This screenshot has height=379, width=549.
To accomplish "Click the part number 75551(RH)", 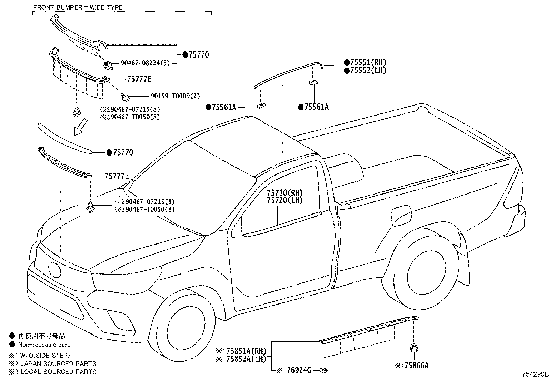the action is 368,62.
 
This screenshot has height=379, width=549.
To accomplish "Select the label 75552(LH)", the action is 368,71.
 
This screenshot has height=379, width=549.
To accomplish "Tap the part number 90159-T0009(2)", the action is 175,96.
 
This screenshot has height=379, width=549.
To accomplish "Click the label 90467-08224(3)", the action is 145,63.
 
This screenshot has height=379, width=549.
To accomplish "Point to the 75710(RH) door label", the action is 285,193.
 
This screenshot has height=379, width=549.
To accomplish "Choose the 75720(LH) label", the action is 285,200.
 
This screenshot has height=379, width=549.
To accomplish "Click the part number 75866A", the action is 416,366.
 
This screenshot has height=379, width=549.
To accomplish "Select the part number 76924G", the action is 299,370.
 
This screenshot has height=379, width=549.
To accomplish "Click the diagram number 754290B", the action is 535,374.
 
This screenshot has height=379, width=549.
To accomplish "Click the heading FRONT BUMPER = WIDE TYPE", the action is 78,7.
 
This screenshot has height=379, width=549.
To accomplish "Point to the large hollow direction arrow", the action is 81,127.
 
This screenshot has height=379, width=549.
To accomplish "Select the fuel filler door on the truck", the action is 401,216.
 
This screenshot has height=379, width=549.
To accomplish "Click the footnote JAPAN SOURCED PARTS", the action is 58,363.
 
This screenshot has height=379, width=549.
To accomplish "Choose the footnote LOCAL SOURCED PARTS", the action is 58,372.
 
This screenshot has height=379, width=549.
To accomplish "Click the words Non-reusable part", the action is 44,345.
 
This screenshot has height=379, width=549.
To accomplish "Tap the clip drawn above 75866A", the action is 414,348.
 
